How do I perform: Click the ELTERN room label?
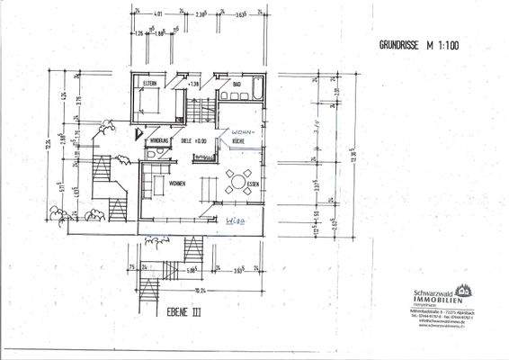[x=149, y=84]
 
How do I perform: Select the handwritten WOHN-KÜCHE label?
[x=243, y=136]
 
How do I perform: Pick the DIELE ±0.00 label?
[x=193, y=141]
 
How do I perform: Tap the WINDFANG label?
[x=160, y=141]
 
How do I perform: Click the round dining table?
[x=237, y=180]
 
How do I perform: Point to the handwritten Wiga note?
[x=235, y=219]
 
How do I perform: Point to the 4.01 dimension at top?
[x=158, y=15]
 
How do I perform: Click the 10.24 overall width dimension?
[x=200, y=291]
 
